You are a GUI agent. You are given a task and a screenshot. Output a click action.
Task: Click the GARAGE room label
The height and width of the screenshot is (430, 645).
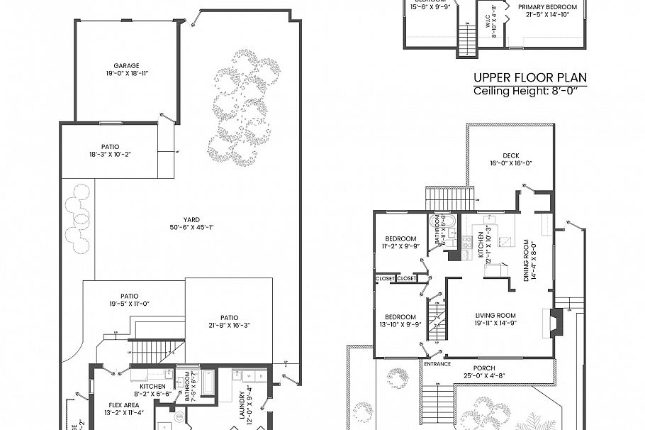[126, 65]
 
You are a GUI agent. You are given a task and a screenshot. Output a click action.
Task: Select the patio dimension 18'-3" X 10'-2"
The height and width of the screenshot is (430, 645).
[111, 154]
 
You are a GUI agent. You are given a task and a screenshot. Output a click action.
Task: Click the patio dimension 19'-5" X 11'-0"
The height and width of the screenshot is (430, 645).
[129, 303]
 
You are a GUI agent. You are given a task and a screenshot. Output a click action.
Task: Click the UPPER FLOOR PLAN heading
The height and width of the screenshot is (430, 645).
[529, 78]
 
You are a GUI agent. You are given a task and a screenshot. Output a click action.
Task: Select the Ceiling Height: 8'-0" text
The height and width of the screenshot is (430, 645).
[529, 92]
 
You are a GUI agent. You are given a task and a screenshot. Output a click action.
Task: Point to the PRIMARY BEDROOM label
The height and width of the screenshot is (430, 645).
[546, 7]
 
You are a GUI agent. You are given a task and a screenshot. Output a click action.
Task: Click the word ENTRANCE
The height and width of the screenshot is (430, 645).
[437, 363]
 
